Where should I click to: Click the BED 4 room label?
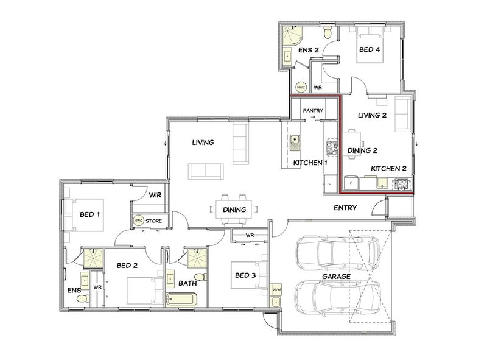[x=370, y=49]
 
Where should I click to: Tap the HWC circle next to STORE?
[x=139, y=221]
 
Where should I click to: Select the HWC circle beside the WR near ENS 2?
[x=301, y=87]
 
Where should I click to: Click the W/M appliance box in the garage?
[x=276, y=290]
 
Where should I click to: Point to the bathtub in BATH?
[x=181, y=300]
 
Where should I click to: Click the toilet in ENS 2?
[x=328, y=32]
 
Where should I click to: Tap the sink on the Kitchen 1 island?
[x=295, y=143]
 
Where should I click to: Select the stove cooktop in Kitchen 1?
[x=331, y=147]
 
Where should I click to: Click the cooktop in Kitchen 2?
[x=402, y=185]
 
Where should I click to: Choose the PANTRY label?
[x=313, y=110]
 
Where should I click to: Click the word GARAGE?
[x=336, y=276]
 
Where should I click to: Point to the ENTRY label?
[x=345, y=208]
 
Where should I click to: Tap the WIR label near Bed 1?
[x=155, y=195]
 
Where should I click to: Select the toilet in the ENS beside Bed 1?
[x=83, y=298]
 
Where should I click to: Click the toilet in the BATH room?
[x=201, y=277]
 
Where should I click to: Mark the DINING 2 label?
[x=362, y=150]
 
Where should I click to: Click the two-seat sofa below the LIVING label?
[x=206, y=171]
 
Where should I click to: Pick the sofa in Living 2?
[x=403, y=114]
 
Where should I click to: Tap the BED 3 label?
[x=245, y=275]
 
